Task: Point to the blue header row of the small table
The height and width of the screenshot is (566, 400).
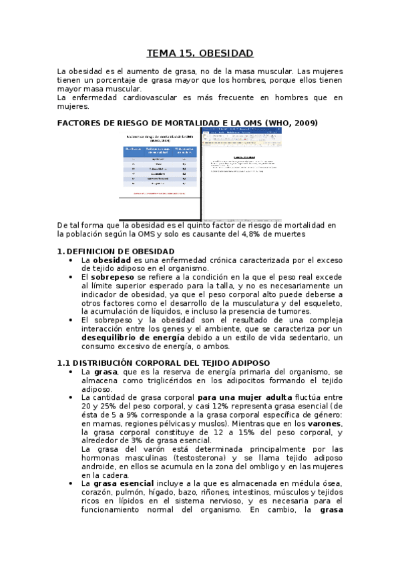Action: coord(160,151)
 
